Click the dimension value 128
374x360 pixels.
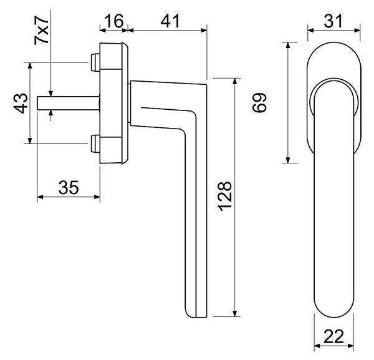224,197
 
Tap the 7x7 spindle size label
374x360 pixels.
42,31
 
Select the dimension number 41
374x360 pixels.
170,21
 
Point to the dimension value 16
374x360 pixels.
114,21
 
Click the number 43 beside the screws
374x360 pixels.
21,103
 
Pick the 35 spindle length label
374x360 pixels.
69,187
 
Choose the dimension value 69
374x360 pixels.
259,103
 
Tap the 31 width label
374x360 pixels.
333,21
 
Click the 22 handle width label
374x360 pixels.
333,337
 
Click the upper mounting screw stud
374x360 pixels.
95,62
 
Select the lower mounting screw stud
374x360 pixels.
95,144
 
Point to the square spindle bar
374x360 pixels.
68,103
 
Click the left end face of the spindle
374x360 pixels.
37,103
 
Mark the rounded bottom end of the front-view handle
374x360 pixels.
333,315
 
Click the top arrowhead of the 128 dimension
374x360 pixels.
235,81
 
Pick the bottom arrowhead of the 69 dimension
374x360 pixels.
288,160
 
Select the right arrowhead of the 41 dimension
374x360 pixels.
204,30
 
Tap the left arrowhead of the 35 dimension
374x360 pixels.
41,197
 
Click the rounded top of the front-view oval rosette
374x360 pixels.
334,42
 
